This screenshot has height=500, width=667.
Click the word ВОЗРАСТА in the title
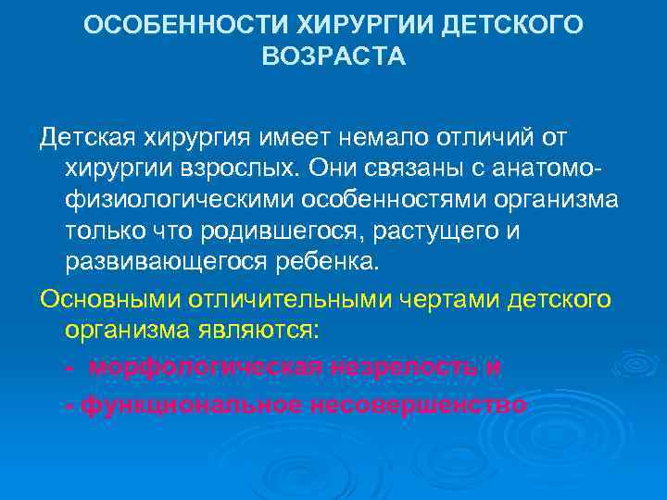333,57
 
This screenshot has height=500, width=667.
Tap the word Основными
109,298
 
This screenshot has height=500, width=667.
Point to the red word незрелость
404,368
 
